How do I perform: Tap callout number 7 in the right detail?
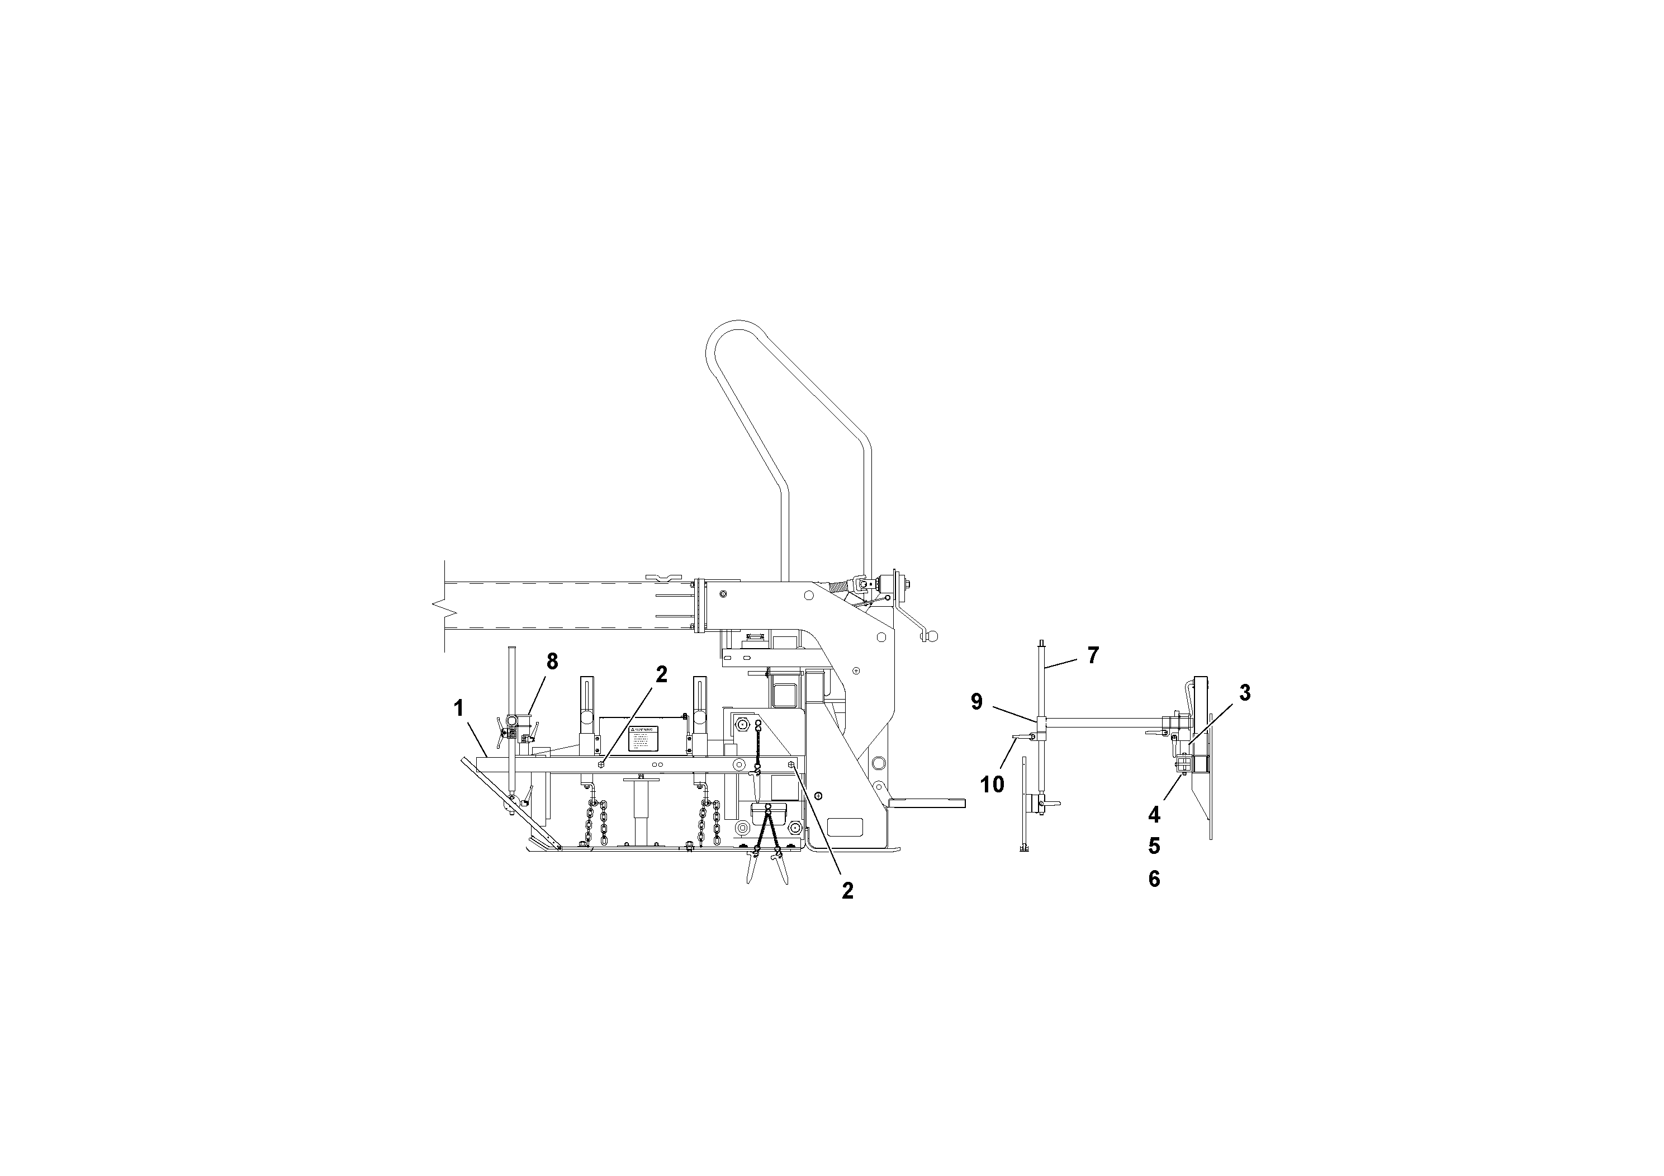pos(1093,655)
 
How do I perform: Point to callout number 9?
pos(977,702)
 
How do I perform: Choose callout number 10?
pos(992,784)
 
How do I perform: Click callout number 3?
pos(1244,692)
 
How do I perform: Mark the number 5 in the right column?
pos(1154,846)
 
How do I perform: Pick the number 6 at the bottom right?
pos(1154,879)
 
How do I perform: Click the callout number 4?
pos(1154,815)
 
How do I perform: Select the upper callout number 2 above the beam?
pos(661,674)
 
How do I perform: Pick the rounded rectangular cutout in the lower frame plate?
pos(845,826)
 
